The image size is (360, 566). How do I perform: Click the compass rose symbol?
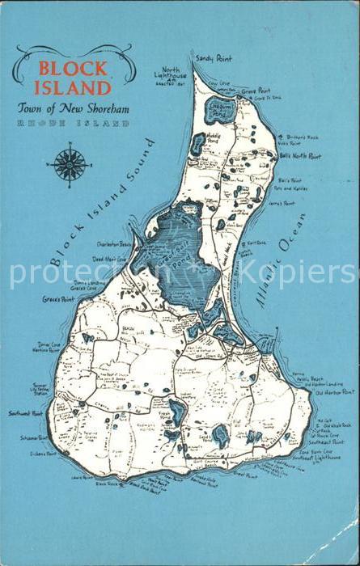tap(70, 164)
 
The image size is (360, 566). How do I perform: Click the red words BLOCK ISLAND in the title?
tap(73, 78)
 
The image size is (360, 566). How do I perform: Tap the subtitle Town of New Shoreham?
tap(74, 108)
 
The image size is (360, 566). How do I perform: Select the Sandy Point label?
tap(214, 59)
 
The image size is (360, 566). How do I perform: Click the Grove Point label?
tap(255, 91)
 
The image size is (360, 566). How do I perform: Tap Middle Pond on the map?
tap(198, 144)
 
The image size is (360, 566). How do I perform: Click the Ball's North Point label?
tap(300, 155)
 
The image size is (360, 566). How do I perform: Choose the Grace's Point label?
tap(58, 298)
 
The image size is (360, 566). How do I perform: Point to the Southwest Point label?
tap(25, 412)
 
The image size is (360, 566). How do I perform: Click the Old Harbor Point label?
tap(334, 392)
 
